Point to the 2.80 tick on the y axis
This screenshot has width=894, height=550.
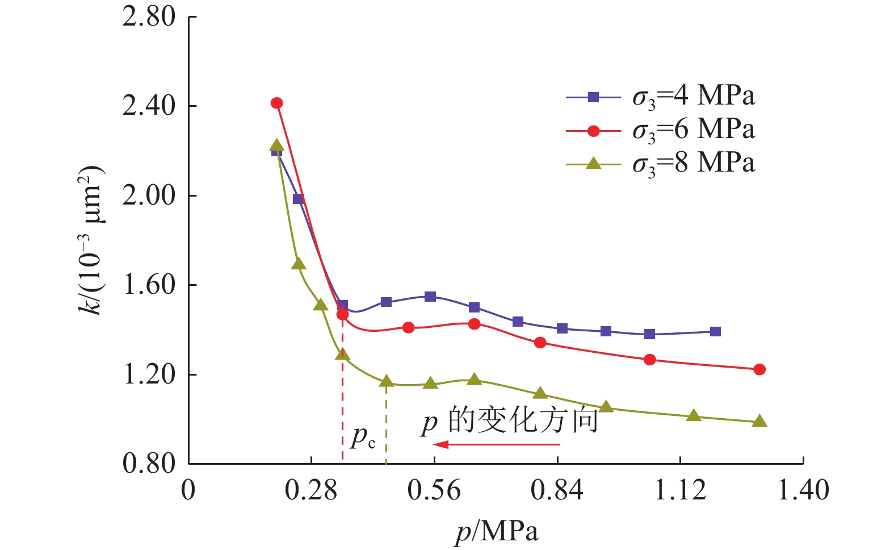149,17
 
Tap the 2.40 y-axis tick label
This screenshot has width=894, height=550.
149,106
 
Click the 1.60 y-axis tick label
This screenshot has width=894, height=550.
149,285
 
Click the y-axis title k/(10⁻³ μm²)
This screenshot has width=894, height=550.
91,240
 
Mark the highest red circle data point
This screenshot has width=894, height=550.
277,103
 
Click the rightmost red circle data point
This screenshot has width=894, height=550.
759,369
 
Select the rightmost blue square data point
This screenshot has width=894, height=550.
715,332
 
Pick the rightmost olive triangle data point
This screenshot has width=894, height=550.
759,422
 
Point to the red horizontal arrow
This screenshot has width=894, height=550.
496,444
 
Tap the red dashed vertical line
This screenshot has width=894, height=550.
342,398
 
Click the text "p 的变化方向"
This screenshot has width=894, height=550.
510,421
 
